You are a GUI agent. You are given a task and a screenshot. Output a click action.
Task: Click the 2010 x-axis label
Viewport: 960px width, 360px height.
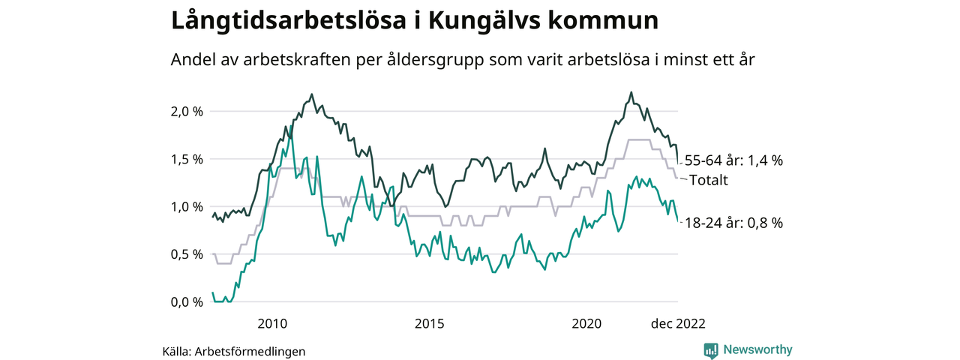tap(272, 324)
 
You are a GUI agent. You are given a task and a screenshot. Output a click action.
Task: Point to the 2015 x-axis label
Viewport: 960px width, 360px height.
tap(429, 324)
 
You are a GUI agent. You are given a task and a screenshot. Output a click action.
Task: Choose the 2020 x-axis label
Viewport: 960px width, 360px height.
tap(586, 324)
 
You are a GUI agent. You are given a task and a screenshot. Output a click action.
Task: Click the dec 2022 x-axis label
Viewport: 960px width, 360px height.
tap(677, 324)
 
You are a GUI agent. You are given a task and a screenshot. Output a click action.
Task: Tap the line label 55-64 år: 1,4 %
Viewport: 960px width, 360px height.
tap(733, 160)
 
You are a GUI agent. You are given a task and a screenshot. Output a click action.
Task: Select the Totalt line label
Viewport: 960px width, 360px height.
tap(708, 180)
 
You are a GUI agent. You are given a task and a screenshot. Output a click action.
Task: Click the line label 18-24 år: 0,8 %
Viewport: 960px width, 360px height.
tap(733, 223)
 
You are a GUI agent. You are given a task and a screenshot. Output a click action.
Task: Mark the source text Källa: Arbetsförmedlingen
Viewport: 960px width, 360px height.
tap(234, 351)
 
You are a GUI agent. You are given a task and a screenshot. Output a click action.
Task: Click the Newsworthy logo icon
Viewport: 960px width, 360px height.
tap(711, 350)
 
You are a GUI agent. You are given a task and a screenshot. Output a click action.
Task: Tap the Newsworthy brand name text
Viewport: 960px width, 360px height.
tap(757, 350)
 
